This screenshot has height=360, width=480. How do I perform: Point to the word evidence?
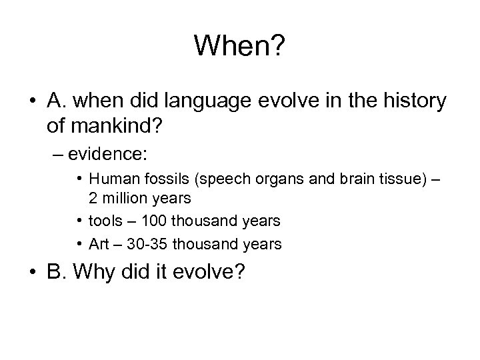pos(118,154)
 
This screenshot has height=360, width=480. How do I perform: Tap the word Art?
pos(100,245)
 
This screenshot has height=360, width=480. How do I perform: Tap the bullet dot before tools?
pos(79,220)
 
